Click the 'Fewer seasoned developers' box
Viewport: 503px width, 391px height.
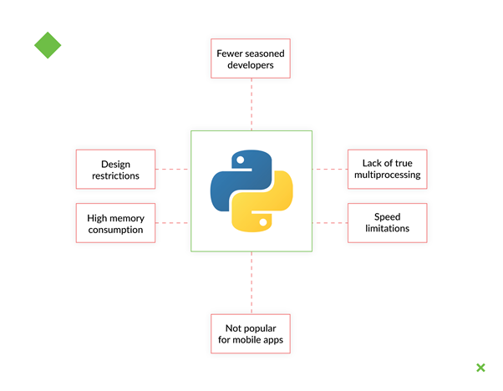click(251, 58)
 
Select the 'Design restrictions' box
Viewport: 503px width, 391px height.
click(115, 170)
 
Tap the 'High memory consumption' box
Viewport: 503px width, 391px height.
click(115, 223)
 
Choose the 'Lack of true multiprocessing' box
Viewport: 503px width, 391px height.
click(387, 170)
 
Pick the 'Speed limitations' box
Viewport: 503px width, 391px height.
click(387, 223)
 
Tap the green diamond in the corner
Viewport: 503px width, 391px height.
click(48, 45)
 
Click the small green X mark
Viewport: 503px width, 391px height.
click(480, 368)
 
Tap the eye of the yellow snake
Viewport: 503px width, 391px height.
click(263, 222)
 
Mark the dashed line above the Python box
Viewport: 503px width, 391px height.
click(251, 104)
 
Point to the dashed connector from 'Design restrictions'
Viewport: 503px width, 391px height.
click(172, 170)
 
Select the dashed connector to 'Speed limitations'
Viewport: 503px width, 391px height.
click(330, 223)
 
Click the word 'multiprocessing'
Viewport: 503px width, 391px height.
click(387, 176)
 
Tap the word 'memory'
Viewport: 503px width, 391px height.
click(126, 217)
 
